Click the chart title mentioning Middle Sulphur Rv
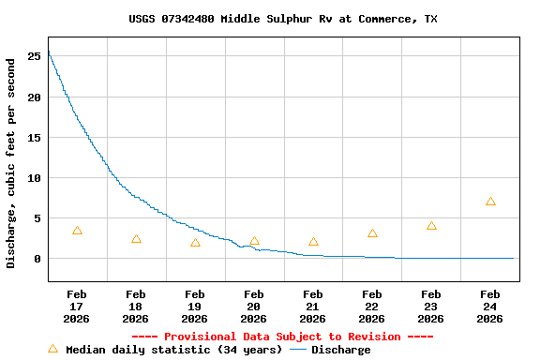tap(282, 19)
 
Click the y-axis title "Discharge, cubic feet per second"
tap(11, 163)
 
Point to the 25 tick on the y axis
tap(34, 56)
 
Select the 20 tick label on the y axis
tap(34, 97)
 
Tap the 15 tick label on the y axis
tap(34, 138)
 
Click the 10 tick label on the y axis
tap(34, 178)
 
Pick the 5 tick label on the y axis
tap(37, 218)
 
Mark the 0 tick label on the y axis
tap(37, 259)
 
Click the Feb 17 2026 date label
tap(77, 307)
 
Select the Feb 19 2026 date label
tap(195, 307)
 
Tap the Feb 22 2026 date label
tap(372, 307)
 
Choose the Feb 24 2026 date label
tap(490, 307)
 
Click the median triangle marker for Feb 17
tap(77, 231)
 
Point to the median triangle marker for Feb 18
tap(136, 239)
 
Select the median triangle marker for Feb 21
tap(313, 242)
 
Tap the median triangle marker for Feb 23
tap(431, 226)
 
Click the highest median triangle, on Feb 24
tap(490, 202)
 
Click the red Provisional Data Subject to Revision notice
tap(282, 337)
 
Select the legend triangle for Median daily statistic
tap(52, 349)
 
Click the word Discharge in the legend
tap(340, 350)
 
